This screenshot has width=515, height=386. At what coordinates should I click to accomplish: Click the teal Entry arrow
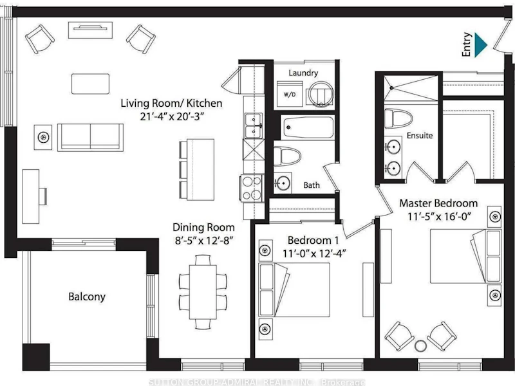point(481,44)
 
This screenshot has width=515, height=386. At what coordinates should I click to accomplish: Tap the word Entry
point(467,44)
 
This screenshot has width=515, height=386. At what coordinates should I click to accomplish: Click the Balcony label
point(87,297)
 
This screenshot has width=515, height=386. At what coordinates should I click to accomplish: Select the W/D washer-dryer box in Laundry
point(290,94)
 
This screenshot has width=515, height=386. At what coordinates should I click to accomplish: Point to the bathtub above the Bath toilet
point(308,127)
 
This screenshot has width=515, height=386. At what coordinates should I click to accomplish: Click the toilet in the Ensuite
point(398,118)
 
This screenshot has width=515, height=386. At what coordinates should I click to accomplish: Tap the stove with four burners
point(252,188)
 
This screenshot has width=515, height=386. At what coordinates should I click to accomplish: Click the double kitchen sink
point(254,125)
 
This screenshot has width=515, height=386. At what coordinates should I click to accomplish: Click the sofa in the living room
point(90,137)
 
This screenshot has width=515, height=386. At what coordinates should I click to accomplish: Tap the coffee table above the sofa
point(90,84)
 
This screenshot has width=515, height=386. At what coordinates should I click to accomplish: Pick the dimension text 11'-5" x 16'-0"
point(440,217)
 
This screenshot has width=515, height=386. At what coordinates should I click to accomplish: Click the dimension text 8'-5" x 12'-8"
point(204,241)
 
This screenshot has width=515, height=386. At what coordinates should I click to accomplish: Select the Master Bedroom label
point(438,203)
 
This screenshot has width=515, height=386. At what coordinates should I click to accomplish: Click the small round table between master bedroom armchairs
point(420,345)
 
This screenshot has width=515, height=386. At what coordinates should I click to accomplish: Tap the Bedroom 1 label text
point(313,240)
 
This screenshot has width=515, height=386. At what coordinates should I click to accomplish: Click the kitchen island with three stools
point(197,170)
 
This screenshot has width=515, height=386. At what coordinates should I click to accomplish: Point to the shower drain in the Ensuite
point(391,87)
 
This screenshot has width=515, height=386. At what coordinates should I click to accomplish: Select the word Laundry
point(303,73)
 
